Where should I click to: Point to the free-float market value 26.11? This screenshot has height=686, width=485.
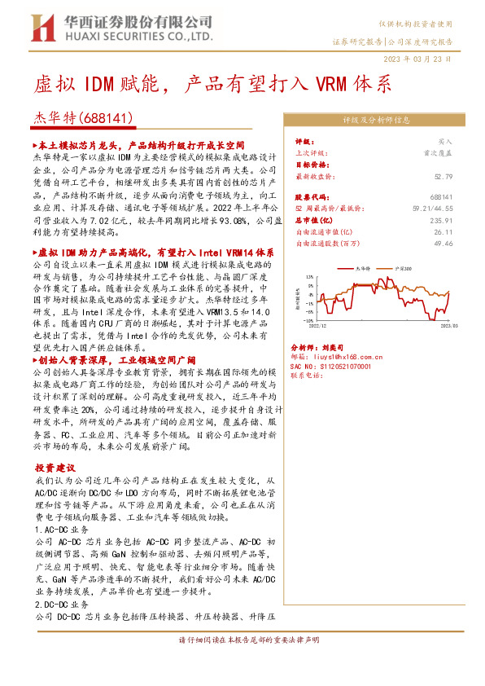[443, 231]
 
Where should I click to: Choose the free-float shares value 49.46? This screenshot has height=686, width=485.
[443, 243]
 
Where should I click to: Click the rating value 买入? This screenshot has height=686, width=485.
[445, 141]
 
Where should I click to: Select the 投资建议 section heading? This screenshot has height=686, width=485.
[55, 468]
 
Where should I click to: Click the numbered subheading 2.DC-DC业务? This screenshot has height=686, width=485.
[63, 606]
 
